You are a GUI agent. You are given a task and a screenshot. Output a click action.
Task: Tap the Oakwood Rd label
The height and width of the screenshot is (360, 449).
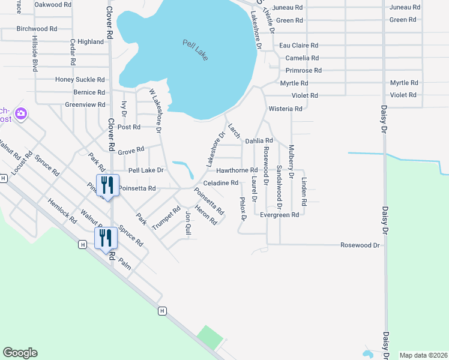pos(53,4)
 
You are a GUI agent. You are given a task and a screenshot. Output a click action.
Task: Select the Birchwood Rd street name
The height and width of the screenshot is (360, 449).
pos(37,28)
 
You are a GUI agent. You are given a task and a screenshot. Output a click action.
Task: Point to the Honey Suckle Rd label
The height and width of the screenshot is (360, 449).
pos(80,79)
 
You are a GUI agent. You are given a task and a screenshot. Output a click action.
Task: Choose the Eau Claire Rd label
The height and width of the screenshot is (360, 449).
pos(299,45)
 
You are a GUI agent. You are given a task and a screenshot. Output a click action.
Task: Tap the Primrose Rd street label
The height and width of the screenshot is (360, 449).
pos(303,70)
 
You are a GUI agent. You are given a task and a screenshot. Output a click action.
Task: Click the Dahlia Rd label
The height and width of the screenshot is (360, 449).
pos(259,140)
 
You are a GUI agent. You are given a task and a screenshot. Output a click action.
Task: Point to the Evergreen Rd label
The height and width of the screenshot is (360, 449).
pos(279,214)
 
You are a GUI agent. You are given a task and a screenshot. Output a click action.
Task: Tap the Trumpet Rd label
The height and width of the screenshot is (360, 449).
pos(166,218)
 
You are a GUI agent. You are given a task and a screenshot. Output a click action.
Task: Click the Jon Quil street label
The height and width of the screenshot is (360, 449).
pos(188,222)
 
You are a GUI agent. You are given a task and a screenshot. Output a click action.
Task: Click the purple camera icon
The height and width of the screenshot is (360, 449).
pos(22,113)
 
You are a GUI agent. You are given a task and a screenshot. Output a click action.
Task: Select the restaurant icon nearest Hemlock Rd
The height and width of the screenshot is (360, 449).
pos(106,238)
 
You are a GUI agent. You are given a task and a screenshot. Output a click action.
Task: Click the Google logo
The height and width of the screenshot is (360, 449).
pos(20,353)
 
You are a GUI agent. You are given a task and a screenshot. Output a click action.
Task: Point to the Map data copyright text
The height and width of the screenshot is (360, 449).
pos(423,355)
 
